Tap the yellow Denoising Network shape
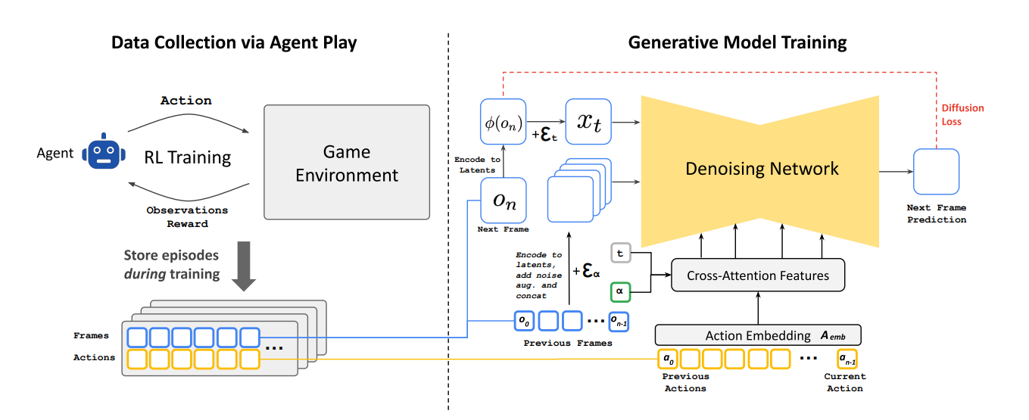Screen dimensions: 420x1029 click(761, 168)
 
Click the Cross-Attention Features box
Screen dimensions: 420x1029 click(757, 275)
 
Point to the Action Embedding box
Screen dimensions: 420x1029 click(758, 335)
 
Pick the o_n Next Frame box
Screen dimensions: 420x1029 click(504, 201)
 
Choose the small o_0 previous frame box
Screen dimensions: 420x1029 click(524, 321)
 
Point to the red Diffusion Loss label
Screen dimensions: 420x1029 click(962, 114)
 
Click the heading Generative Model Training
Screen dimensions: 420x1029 click(737, 42)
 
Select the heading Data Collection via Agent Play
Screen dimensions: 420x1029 click(234, 42)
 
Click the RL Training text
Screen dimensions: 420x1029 click(188, 157)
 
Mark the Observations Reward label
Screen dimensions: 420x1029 click(188, 217)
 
